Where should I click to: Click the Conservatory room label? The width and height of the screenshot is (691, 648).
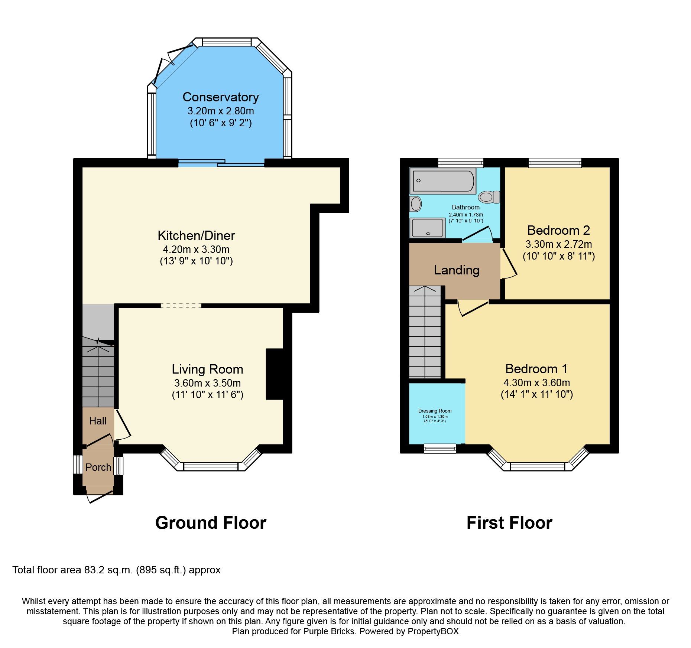220,97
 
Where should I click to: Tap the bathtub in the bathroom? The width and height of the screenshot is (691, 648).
442,181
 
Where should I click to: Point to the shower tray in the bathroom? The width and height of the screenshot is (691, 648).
427,228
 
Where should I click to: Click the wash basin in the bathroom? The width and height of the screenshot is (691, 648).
416,203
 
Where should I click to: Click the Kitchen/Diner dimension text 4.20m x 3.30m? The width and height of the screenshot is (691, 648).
196,249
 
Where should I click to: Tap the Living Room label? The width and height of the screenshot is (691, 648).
207,369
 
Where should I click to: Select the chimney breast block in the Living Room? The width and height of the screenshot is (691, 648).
275,374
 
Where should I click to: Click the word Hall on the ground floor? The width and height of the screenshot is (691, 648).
98,421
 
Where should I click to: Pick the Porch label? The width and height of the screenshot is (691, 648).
98,467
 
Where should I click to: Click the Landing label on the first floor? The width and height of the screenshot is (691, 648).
457,270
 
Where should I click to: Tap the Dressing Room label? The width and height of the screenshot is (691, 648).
435,411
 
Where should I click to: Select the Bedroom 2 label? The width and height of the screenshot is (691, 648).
558,230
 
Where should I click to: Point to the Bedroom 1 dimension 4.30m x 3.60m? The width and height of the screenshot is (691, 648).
536,382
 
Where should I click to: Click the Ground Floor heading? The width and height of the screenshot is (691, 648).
211,523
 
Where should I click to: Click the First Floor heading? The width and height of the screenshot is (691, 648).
509,523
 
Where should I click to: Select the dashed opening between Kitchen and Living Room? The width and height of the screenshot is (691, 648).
181,306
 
